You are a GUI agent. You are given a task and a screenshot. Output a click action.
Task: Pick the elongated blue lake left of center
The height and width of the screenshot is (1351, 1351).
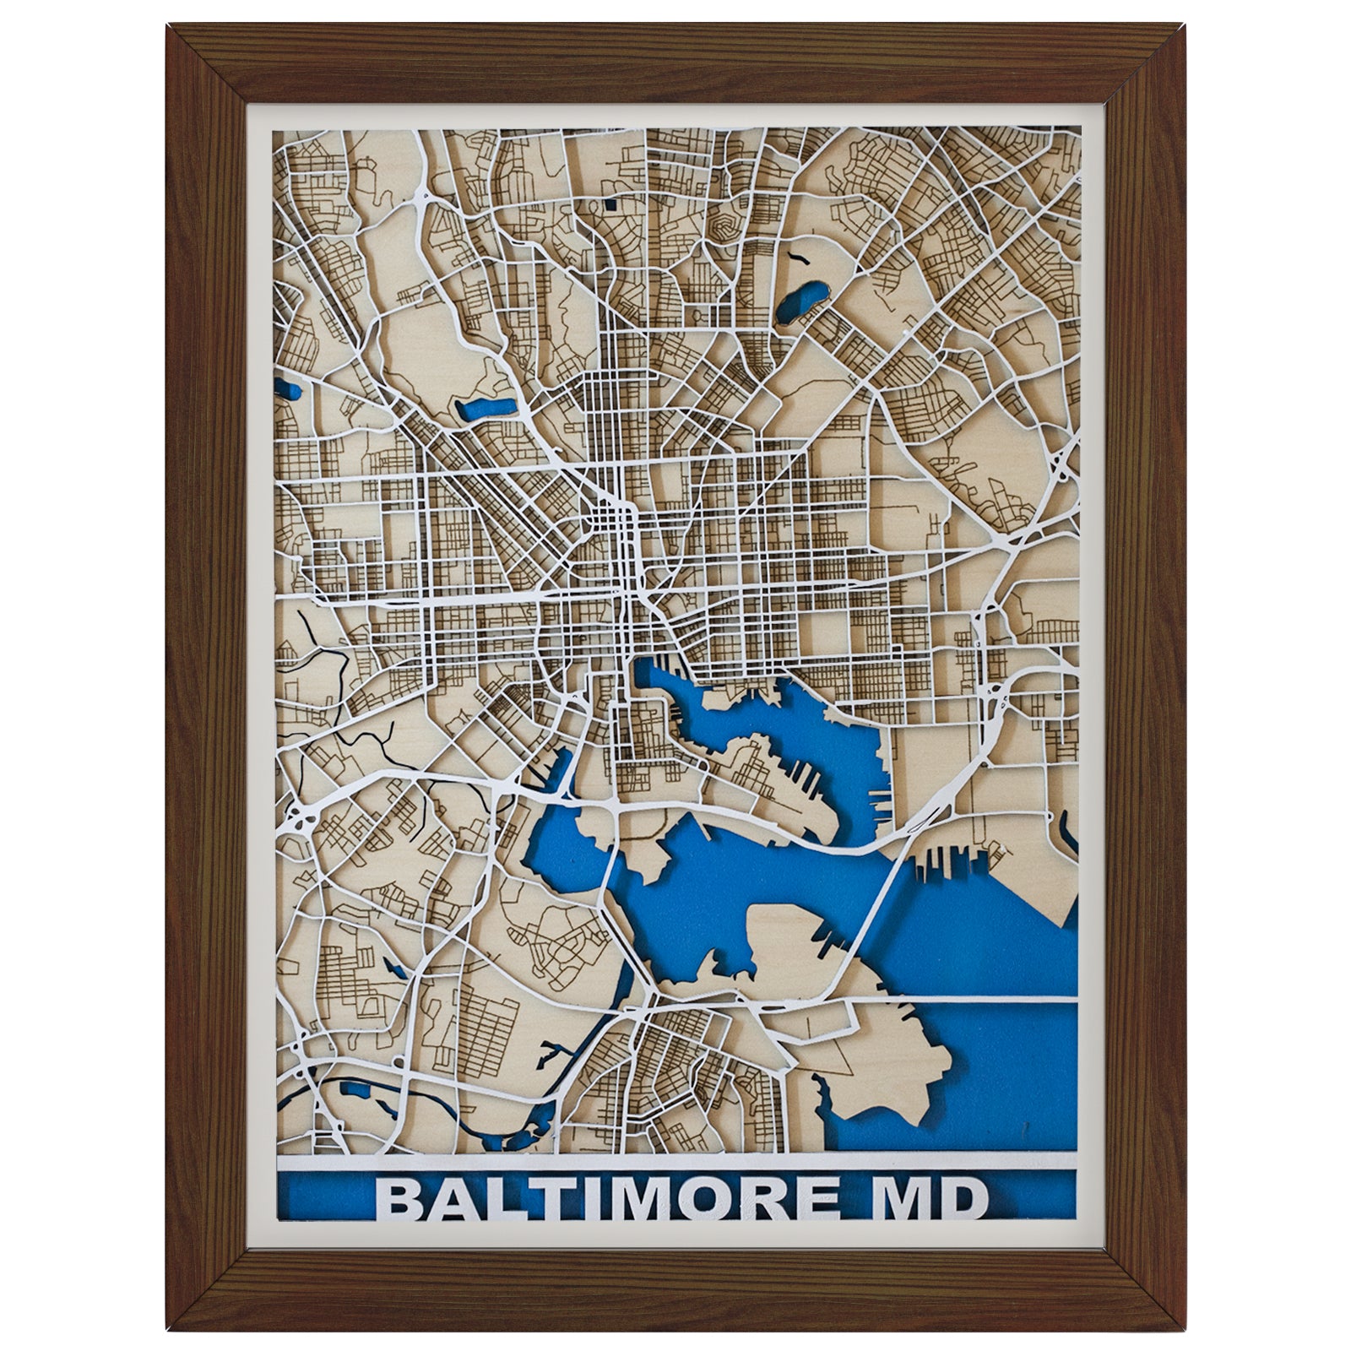[486, 409]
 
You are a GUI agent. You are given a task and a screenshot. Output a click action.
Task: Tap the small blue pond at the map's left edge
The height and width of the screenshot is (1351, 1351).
[289, 391]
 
